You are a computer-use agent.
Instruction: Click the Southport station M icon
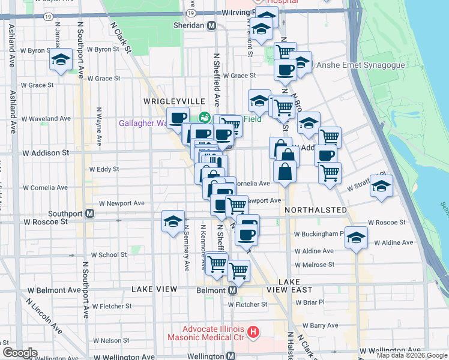(89, 213)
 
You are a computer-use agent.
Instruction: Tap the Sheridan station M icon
(211, 26)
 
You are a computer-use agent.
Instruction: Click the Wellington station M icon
(235, 356)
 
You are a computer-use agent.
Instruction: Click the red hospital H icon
(253, 331)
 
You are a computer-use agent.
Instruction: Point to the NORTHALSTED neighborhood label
(316, 210)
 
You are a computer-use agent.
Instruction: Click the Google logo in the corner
(20, 353)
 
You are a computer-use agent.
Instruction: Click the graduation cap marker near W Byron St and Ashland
(61, 59)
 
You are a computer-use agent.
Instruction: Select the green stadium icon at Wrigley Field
(204, 118)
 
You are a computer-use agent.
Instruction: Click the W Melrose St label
(315, 265)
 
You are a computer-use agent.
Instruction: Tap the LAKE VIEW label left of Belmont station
(154, 289)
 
